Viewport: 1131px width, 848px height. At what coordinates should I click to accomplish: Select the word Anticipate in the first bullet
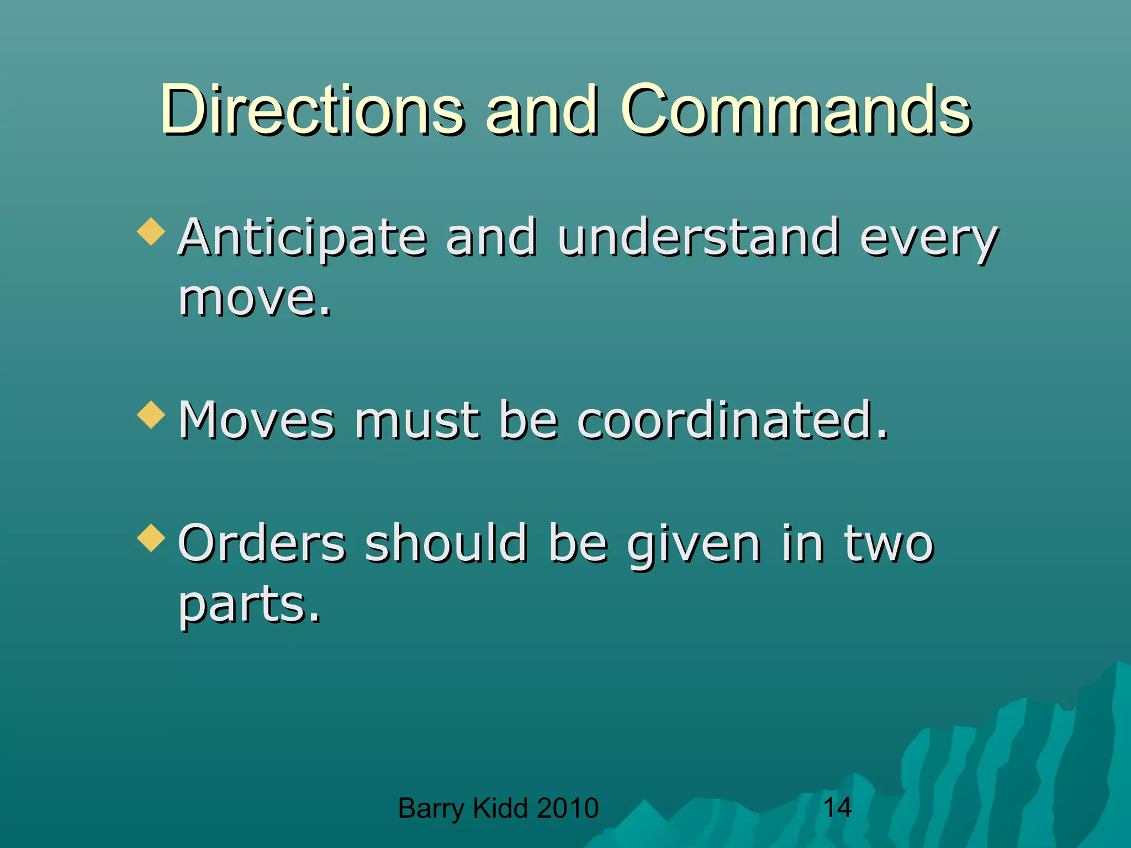(303, 239)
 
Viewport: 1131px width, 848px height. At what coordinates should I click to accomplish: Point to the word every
(929, 241)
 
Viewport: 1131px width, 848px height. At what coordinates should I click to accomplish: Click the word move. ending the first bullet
(255, 299)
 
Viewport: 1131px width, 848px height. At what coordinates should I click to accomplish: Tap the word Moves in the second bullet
(257, 421)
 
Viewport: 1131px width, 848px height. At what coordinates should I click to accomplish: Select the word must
(417, 421)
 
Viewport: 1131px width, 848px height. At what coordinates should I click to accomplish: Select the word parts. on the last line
(249, 605)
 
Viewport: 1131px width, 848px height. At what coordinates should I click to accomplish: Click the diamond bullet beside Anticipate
(151, 232)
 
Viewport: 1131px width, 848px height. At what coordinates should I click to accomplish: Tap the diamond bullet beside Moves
(151, 415)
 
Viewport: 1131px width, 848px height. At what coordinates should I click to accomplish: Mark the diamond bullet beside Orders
(151, 538)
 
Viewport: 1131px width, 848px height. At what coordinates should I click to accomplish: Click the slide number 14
(837, 808)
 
